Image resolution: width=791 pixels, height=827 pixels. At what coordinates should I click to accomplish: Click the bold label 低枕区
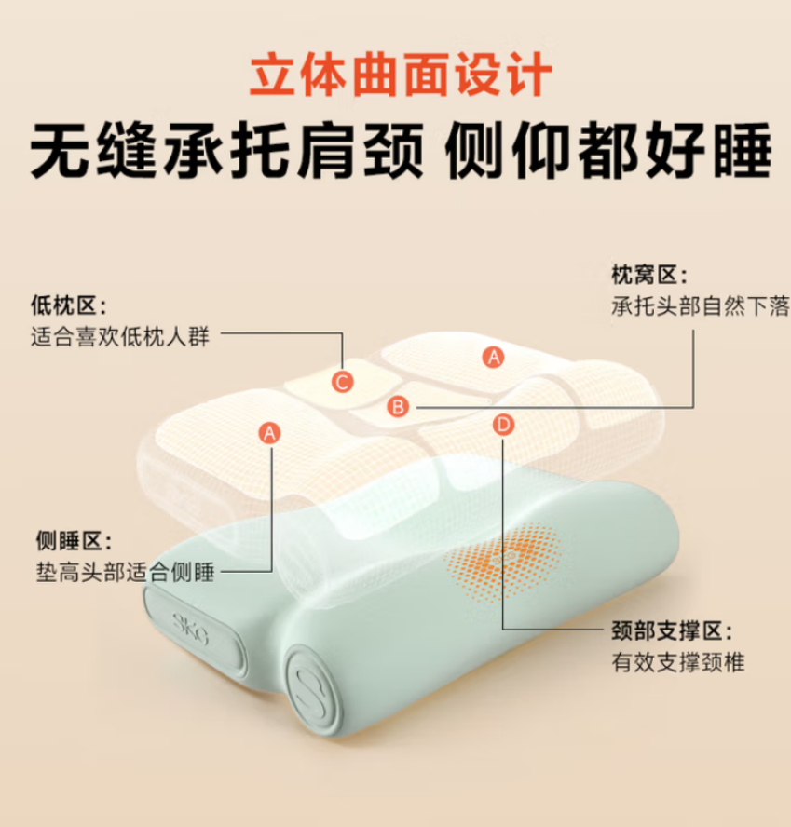pos(69,305)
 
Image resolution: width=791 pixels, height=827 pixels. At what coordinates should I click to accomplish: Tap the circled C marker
pos(343,380)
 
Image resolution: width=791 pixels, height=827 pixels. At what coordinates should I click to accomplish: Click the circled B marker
pos(398,406)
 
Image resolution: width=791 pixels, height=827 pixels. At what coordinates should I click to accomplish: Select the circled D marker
pos(503,425)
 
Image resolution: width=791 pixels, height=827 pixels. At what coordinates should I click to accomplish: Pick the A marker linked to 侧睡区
pos(270,432)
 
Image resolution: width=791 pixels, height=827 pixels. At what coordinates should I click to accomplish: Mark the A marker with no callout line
pos(494,355)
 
